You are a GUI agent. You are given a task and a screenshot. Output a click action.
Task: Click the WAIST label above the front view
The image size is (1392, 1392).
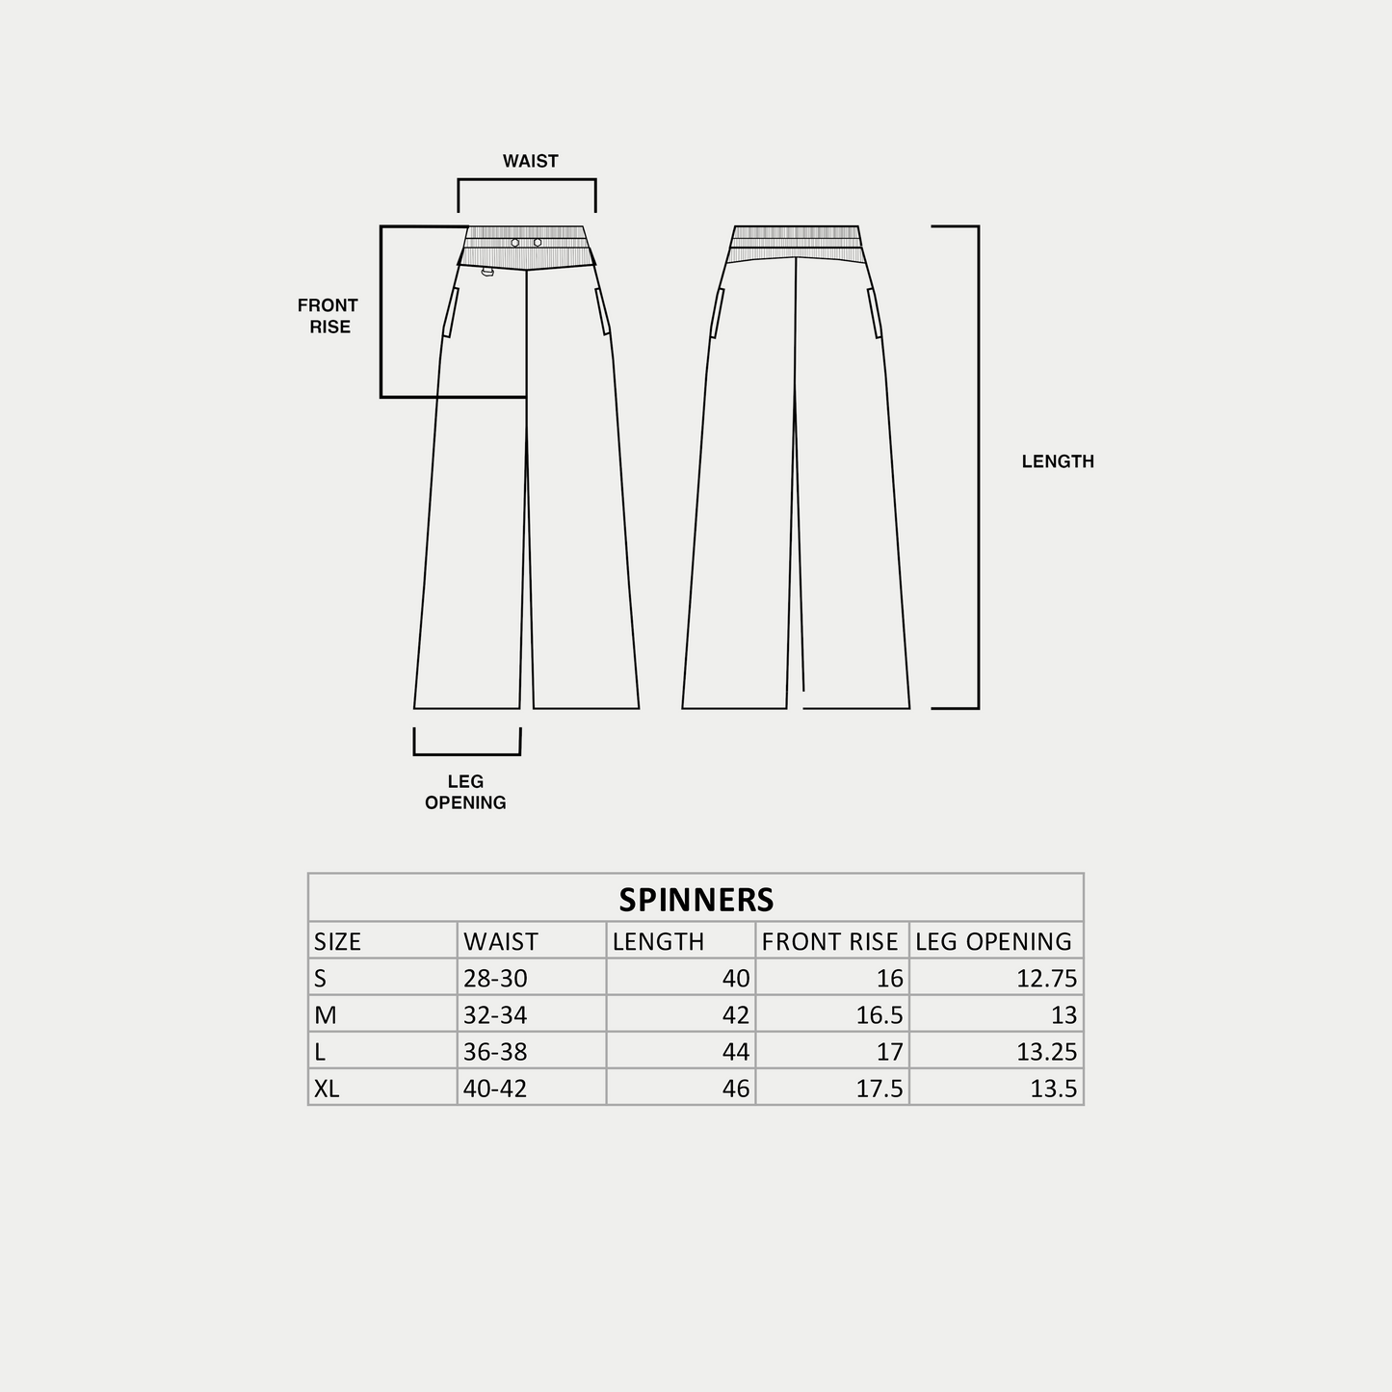tap(530, 161)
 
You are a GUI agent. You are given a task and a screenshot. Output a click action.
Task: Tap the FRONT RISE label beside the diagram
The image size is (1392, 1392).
tap(328, 316)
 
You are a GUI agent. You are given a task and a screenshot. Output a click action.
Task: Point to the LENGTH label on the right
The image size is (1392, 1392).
tap(1058, 461)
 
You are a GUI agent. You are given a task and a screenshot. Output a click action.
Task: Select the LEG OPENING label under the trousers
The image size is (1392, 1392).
tap(465, 792)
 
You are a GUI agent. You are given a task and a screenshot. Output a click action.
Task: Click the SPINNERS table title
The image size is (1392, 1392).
tap(696, 899)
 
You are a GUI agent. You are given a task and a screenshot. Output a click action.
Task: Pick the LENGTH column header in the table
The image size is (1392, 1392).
tap(658, 941)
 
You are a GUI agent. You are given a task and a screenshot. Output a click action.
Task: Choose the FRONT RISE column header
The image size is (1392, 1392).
tap(829, 941)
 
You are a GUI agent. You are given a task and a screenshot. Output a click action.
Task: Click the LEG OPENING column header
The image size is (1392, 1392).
tap(993, 941)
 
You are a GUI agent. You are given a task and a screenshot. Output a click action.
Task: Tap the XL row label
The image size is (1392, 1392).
tap(327, 1089)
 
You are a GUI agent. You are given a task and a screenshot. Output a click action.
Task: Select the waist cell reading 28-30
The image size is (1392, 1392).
tap(495, 979)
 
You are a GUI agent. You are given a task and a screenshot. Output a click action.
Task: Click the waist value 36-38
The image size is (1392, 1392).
tap(495, 1052)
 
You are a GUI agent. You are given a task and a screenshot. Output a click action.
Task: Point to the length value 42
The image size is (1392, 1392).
tap(735, 1015)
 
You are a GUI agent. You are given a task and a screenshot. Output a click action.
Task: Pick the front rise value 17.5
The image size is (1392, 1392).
tap(880, 1089)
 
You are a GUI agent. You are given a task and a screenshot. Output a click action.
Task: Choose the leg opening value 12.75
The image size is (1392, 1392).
tap(1046, 979)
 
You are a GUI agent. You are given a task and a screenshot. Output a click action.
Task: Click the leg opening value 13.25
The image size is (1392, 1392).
tap(1046, 1052)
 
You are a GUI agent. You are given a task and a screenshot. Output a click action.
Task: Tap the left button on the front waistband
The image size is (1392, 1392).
tap(515, 243)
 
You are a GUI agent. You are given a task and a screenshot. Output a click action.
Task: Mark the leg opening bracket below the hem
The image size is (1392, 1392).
tap(467, 753)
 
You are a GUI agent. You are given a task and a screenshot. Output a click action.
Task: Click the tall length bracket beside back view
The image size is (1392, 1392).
tap(977, 467)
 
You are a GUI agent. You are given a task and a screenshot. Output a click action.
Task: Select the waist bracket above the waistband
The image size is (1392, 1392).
tap(526, 180)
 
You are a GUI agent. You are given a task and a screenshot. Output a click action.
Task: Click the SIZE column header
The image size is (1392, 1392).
tap(337, 941)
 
